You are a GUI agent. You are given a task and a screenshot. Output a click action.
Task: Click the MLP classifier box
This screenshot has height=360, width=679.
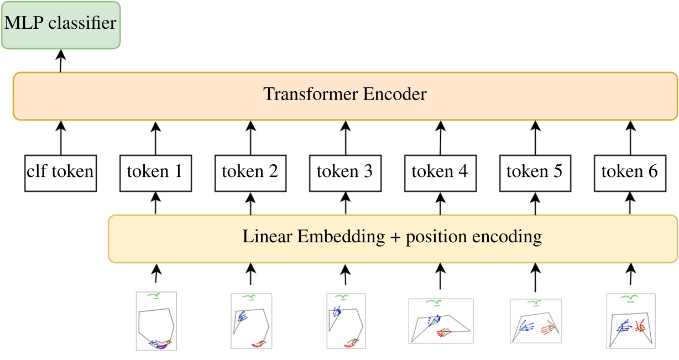coord(60,24)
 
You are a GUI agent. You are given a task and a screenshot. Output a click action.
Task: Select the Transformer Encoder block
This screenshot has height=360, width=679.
coord(345,95)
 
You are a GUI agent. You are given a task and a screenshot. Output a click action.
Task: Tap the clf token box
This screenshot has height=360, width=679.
coord(60,172)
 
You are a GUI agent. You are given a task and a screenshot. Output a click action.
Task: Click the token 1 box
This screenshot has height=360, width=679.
coord(155,172)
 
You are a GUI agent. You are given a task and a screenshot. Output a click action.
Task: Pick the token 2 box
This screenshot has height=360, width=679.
coord(250,172)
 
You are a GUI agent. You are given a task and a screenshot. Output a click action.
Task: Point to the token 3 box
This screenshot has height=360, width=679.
coord(345,172)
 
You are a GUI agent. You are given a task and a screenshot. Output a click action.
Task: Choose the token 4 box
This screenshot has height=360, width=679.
coord(440,172)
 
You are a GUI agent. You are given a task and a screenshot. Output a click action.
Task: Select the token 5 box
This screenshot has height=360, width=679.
coord(535,172)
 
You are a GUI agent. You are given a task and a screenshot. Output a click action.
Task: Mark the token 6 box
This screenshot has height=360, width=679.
coord(630,172)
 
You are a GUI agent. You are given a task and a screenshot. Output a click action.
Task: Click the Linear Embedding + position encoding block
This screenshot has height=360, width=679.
coord(393,238)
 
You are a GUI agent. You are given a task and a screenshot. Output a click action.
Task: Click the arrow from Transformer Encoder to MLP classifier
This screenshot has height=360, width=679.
coord(60,60)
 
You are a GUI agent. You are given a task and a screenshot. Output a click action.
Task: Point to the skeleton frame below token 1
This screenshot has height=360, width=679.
coord(156,321)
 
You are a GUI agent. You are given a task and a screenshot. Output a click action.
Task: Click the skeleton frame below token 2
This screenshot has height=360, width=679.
coord(251,321)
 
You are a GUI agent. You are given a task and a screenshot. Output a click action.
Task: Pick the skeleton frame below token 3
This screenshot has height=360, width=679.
coord(346,321)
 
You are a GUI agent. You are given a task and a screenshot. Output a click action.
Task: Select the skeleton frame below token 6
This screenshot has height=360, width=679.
coord(630,321)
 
